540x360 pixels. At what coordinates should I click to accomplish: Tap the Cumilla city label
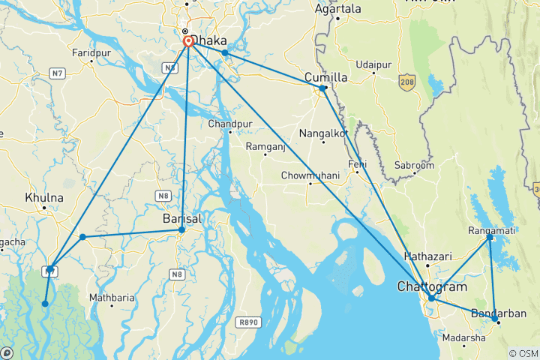pos(325,77)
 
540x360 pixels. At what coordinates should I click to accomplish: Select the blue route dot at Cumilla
pos(322,88)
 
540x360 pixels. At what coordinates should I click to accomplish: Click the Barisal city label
pos(182,218)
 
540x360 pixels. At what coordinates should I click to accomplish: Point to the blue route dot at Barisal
pos(181,229)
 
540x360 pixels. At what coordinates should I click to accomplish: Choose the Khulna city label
pos(44,197)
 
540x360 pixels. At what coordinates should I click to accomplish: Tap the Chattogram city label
pos(431,286)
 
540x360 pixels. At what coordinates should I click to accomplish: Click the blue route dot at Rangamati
pos(490,237)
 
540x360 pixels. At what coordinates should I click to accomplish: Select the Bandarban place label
pos(499,313)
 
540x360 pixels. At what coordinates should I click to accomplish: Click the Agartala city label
pos(337,9)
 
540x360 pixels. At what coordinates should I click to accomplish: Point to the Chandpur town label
pos(226,123)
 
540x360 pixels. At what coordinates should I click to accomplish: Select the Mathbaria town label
pos(112,298)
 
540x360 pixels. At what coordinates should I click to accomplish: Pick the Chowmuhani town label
pos(310,175)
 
